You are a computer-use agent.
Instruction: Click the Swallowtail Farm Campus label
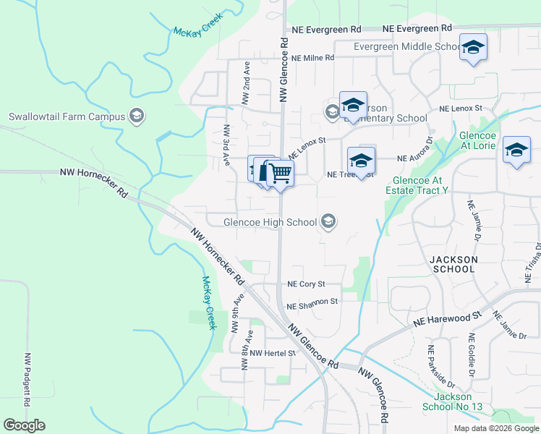click(66, 116)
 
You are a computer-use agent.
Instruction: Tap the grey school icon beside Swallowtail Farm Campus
click(135, 116)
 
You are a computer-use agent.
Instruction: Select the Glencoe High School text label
click(270, 222)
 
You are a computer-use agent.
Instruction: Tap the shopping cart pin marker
click(280, 174)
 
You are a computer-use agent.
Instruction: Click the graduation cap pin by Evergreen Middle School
click(473, 48)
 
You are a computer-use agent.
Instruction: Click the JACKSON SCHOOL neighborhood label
click(453, 264)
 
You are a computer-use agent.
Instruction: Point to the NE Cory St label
click(306, 284)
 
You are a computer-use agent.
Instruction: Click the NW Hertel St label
click(270, 353)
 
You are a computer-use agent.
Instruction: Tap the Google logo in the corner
click(24, 425)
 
